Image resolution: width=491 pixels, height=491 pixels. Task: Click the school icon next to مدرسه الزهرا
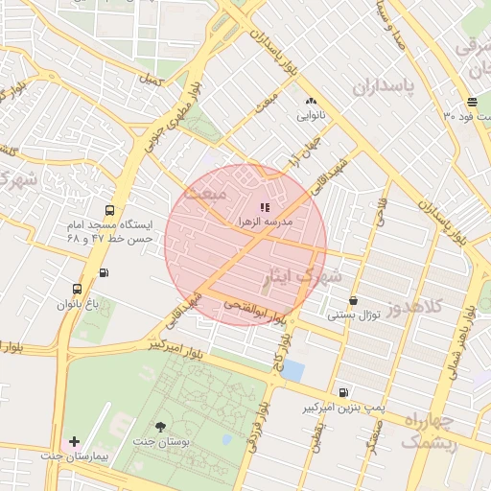point(265,207)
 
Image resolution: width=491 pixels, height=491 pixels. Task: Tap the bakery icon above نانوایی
point(310,102)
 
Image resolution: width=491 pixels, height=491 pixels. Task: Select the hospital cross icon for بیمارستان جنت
point(75,441)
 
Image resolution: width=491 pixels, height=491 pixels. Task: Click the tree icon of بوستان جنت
point(159,427)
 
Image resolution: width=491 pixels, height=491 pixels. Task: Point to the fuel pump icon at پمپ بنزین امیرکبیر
point(342,392)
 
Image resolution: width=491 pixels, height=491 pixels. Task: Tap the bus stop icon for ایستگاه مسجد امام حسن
point(109,210)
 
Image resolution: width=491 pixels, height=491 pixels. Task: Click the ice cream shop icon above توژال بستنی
point(354,300)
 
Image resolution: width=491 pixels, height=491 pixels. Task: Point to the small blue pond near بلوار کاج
point(293,370)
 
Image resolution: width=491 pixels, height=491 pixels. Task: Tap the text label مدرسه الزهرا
point(271,222)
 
